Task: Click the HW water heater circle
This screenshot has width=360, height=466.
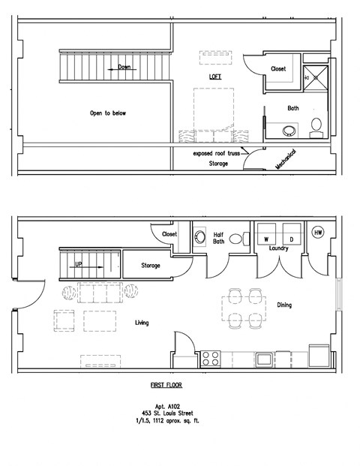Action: click(318, 232)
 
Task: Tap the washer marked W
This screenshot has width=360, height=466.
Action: click(266, 234)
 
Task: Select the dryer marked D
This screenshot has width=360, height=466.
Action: click(292, 234)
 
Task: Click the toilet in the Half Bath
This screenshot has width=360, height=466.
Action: click(239, 239)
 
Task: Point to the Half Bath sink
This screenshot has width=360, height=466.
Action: click(200, 237)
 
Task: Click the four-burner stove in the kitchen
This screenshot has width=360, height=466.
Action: click(210, 359)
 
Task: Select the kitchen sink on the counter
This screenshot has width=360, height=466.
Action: click(264, 359)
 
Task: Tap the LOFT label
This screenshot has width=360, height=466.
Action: click(215, 77)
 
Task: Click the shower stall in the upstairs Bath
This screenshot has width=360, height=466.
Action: click(316, 78)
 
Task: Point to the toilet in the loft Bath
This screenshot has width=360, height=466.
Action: click(316, 128)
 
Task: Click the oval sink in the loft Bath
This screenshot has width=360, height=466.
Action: click(289, 131)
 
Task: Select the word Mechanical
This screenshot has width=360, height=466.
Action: click(286, 159)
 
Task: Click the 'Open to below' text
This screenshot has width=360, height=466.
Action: click(108, 113)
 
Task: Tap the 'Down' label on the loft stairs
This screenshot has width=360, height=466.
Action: click(124, 67)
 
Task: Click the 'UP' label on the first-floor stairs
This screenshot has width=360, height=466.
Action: click(79, 264)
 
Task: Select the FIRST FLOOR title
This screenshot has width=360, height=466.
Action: click(166, 385)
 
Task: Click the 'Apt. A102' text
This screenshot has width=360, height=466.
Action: click(167, 406)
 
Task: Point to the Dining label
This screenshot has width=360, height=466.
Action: click(284, 305)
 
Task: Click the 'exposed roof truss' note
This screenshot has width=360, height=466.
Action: click(216, 153)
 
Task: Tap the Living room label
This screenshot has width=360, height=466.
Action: click(142, 323)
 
